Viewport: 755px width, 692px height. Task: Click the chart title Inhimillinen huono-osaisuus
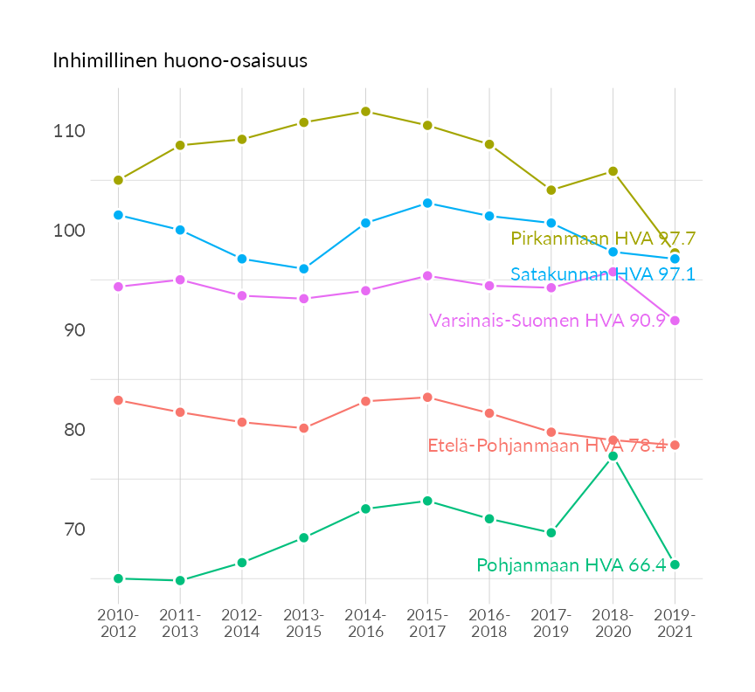180,61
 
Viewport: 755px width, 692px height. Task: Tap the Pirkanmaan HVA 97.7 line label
603,239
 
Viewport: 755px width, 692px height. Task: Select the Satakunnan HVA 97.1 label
602,274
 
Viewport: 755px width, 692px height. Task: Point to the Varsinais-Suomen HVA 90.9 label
547,321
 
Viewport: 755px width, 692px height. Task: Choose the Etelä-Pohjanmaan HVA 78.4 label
546,446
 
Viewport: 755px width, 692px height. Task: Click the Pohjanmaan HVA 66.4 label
571,565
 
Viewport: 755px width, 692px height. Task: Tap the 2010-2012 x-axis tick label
118,624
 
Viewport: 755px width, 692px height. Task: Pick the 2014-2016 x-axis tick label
365,624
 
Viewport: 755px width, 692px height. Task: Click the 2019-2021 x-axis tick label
675,624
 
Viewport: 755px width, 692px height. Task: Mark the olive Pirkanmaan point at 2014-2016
365,112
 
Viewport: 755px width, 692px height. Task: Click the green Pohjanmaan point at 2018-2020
613,456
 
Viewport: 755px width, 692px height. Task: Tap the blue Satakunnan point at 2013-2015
304,269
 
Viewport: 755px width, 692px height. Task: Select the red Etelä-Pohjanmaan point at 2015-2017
427,398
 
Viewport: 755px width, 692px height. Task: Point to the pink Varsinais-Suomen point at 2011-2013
180,280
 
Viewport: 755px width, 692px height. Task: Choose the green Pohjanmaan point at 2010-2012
118,578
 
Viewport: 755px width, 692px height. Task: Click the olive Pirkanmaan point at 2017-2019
551,190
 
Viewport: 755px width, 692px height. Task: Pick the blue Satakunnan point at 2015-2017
427,203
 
